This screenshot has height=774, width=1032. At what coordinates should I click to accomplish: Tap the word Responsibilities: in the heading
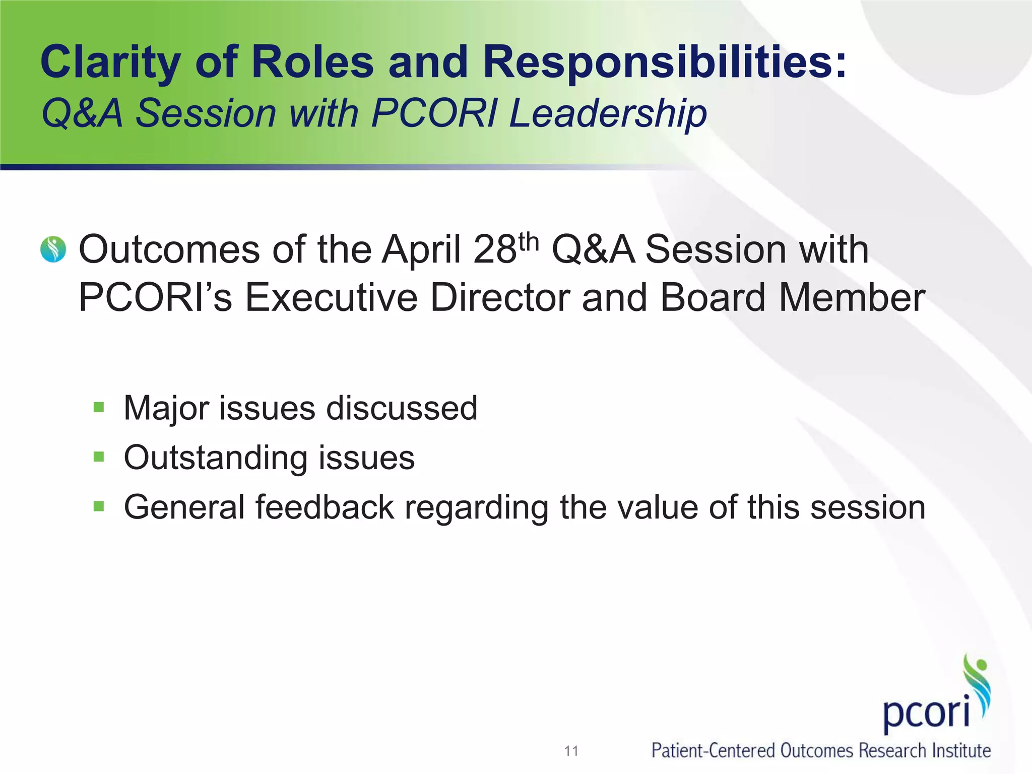click(x=664, y=63)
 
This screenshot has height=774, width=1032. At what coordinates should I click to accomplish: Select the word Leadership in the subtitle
click(x=608, y=113)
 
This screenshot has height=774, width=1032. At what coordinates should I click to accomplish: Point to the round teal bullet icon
click(x=53, y=249)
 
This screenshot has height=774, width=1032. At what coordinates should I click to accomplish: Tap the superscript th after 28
click(x=528, y=242)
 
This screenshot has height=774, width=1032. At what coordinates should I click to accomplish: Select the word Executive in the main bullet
click(x=331, y=297)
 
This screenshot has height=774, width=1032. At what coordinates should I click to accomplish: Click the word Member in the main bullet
click(x=852, y=297)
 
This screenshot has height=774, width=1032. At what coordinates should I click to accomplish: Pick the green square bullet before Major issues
click(x=99, y=407)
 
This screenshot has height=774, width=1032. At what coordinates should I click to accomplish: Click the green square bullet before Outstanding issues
click(x=99, y=457)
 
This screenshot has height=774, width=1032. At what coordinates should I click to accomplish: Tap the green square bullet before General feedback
click(x=99, y=506)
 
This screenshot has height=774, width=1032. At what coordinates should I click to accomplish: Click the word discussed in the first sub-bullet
click(x=402, y=408)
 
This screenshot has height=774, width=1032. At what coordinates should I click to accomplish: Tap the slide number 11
click(x=571, y=751)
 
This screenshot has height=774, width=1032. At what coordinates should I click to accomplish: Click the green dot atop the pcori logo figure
click(x=981, y=665)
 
